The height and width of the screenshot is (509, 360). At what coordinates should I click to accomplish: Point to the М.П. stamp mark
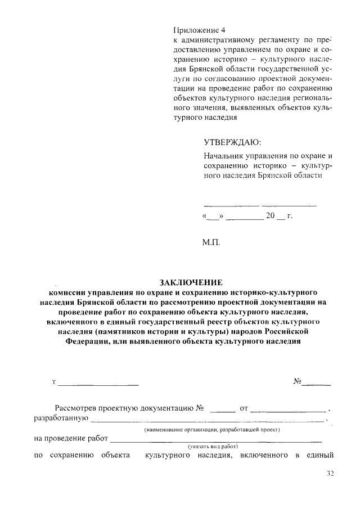pyautogui.click(x=211, y=243)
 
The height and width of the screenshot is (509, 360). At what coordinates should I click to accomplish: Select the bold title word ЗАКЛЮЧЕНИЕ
pyautogui.click(x=191, y=282)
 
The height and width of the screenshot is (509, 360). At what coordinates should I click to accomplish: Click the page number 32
pyautogui.click(x=330, y=474)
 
